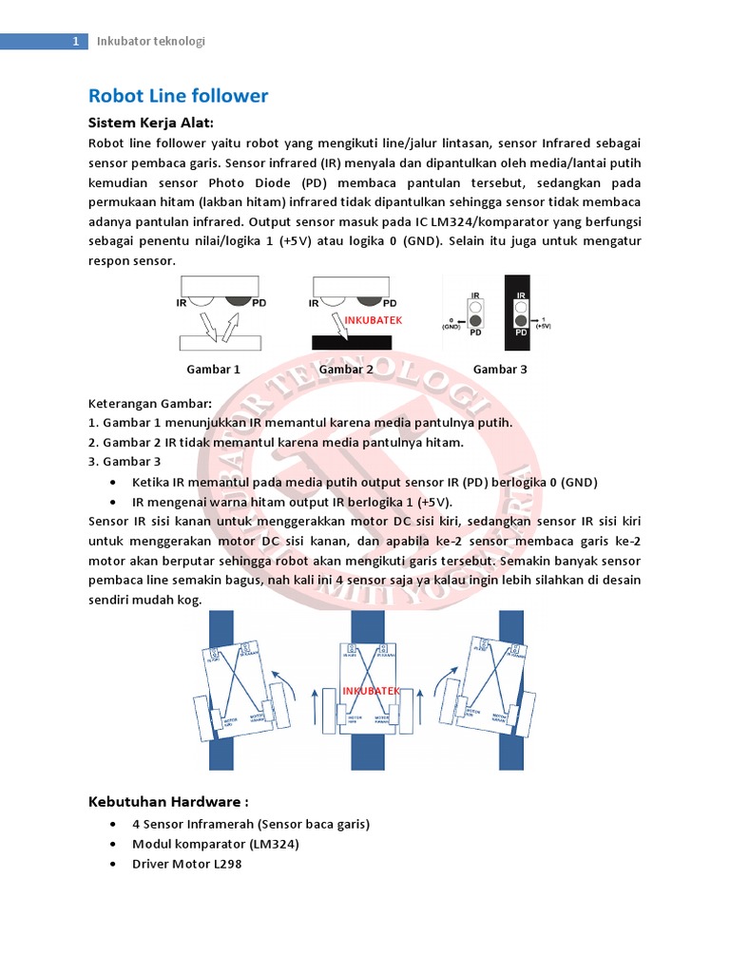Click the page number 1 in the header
pyautogui.click(x=75, y=41)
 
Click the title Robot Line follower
pyautogui.click(x=178, y=96)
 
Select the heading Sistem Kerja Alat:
pyautogui.click(x=150, y=123)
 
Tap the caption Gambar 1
pyautogui.click(x=213, y=369)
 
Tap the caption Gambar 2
pyautogui.click(x=346, y=369)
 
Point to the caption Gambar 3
pyautogui.click(x=500, y=369)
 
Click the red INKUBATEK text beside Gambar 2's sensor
pyautogui.click(x=373, y=320)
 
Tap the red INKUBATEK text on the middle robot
pyautogui.click(x=372, y=691)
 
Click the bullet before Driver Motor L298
pyautogui.click(x=114, y=865)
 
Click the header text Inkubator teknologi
pyautogui.click(x=151, y=41)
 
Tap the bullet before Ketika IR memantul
pyautogui.click(x=114, y=482)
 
